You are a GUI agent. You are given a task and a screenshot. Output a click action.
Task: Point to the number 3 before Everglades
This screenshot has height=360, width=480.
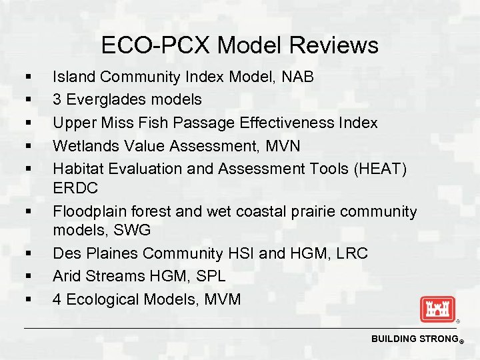click(x=57, y=100)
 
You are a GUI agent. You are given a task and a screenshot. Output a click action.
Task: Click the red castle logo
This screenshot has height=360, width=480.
click(x=437, y=309)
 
